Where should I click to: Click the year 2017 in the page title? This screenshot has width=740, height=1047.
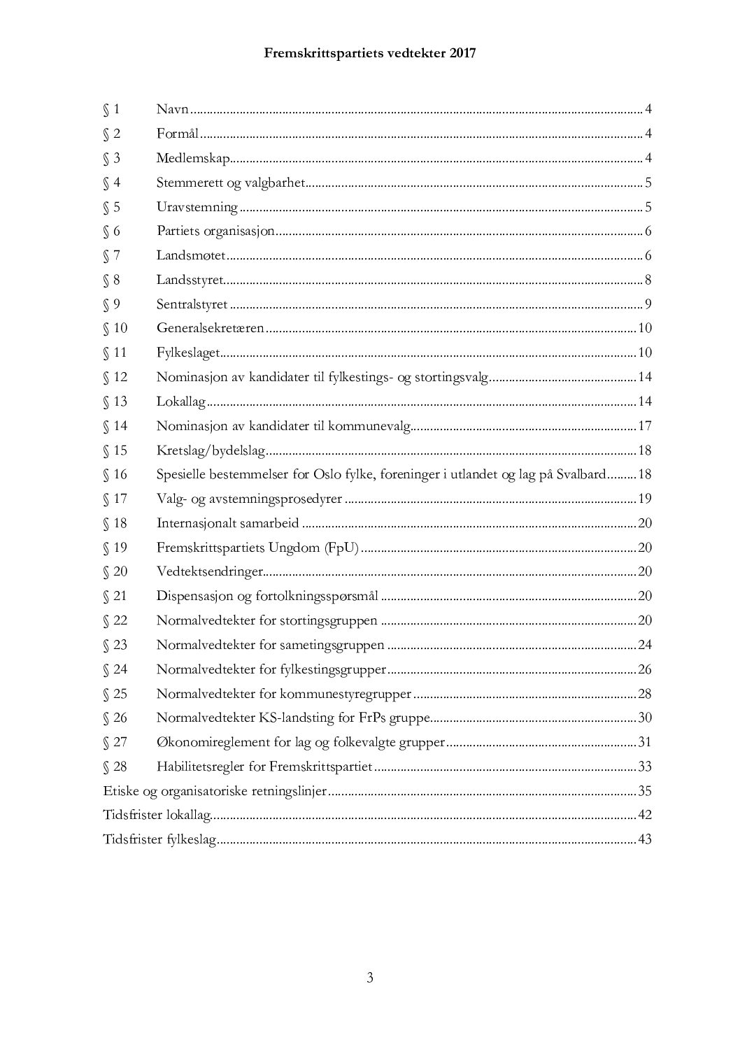point(460,53)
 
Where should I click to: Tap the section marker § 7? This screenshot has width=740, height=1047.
point(111,256)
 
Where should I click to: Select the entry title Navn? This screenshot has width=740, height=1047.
point(173,109)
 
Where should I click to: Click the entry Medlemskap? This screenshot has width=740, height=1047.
point(193,158)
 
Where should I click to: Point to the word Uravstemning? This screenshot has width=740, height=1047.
point(197,207)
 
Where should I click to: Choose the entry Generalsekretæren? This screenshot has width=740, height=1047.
point(210,329)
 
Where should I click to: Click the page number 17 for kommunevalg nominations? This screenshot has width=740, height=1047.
point(644,426)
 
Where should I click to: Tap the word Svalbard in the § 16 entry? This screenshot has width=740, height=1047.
point(580,475)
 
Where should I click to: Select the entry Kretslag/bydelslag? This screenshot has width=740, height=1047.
point(211,450)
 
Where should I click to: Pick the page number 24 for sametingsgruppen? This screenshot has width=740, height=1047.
point(644,645)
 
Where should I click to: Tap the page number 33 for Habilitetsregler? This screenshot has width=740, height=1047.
point(644,767)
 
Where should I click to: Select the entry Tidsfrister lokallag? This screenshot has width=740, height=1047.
point(157,815)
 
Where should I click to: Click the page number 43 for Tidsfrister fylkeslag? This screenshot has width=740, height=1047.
point(644,839)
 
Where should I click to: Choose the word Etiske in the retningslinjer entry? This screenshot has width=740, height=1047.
point(120,791)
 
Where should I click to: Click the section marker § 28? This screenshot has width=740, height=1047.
point(115,767)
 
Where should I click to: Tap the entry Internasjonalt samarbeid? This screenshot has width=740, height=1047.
point(227,523)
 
